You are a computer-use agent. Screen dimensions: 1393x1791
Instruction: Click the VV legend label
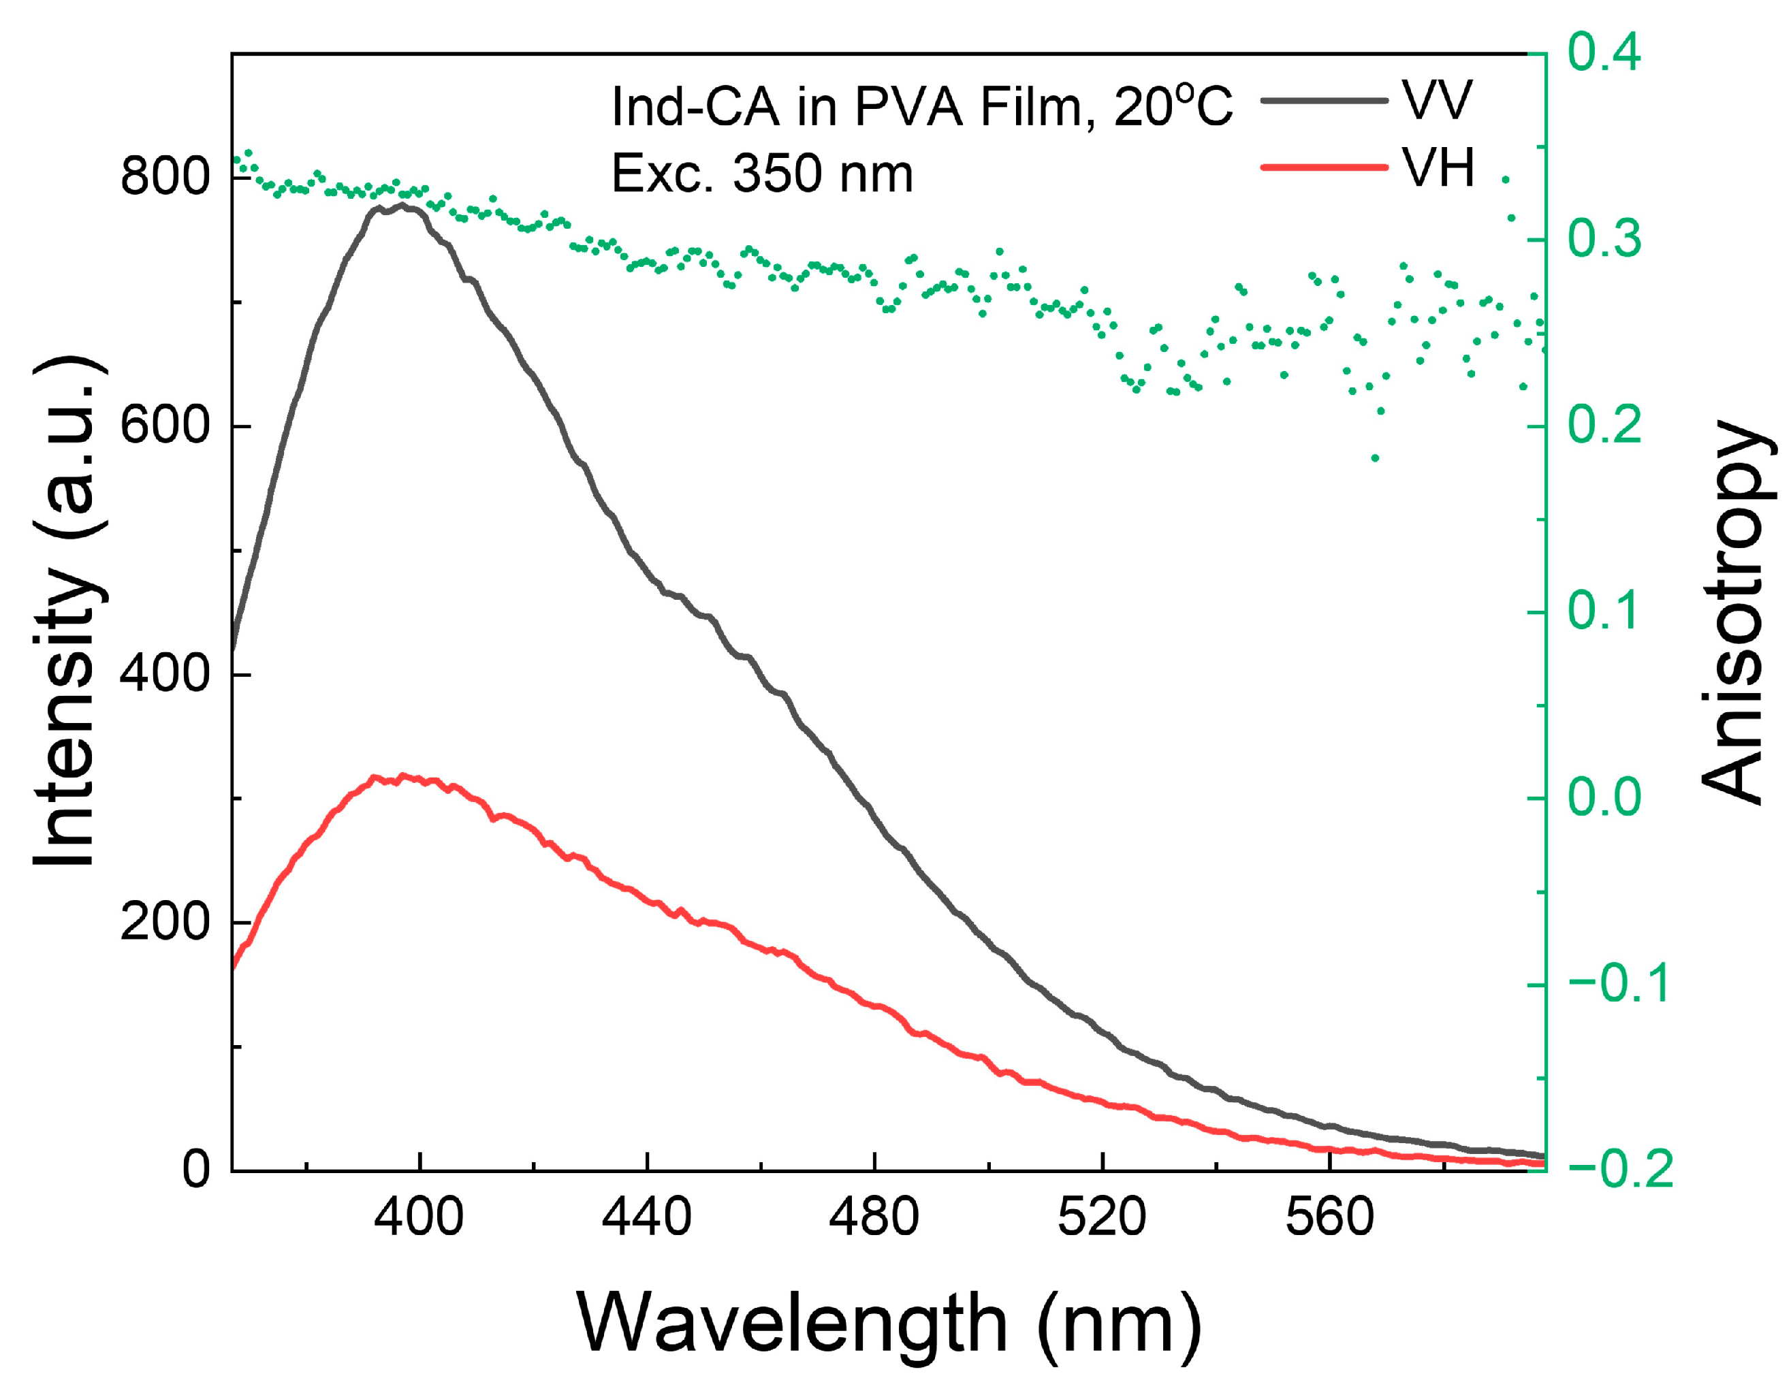(x=1436, y=101)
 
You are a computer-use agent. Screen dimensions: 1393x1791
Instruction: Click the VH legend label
(x=1438, y=168)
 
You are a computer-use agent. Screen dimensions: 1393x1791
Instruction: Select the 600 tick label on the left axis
(x=165, y=426)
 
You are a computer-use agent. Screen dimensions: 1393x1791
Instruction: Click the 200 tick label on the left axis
(x=165, y=923)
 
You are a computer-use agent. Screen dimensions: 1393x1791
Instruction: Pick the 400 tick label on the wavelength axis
(x=418, y=1217)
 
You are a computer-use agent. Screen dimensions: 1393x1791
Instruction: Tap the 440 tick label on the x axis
(x=646, y=1217)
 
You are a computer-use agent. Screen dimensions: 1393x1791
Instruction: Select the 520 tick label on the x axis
(x=1101, y=1217)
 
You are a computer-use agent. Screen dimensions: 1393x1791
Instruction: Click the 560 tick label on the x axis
(x=1329, y=1217)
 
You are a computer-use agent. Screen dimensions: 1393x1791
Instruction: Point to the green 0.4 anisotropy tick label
(x=1604, y=52)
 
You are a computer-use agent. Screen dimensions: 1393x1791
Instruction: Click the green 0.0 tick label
(x=1604, y=798)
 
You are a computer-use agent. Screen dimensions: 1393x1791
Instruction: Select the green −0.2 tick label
(x=1619, y=1169)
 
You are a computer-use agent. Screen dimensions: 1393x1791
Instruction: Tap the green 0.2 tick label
(x=1604, y=426)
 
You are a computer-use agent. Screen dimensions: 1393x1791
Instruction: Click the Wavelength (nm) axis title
(x=888, y=1322)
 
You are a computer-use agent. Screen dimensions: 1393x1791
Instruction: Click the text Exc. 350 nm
(x=762, y=174)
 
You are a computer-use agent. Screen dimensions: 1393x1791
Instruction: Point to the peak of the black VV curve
(x=402, y=205)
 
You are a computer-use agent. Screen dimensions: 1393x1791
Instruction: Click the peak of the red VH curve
(x=402, y=775)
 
